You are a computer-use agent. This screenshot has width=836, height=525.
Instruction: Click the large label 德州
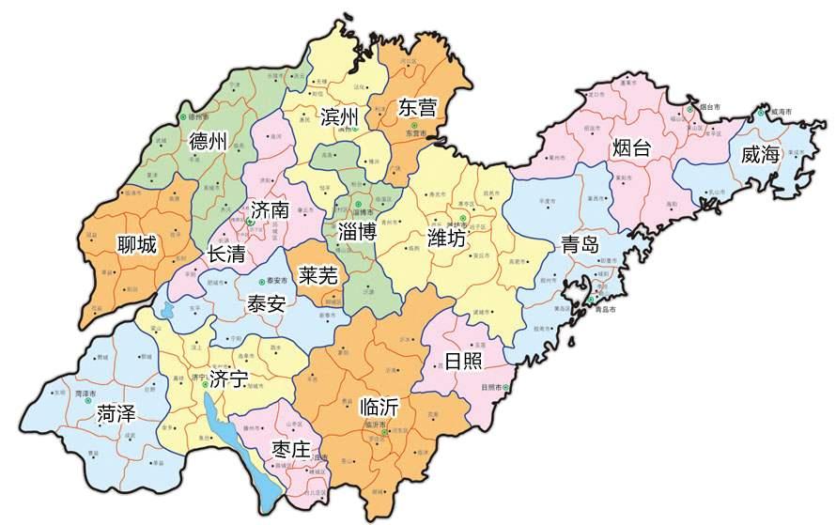pyautogui.click(x=209, y=143)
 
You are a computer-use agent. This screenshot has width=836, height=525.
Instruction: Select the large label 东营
pyautogui.click(x=417, y=108)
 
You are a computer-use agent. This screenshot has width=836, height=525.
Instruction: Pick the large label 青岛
pyautogui.click(x=580, y=245)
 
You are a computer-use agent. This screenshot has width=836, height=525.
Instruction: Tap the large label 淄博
pyautogui.click(x=357, y=231)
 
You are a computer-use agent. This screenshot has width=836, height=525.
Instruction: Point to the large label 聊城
pyautogui.click(x=137, y=245)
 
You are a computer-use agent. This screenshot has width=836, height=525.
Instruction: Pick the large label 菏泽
pyautogui.click(x=117, y=412)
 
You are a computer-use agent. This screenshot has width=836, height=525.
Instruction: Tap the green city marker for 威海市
pyautogui.click(x=762, y=111)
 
